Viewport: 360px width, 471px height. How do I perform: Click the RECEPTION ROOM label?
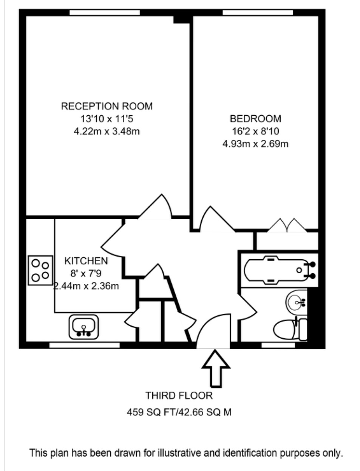tap(107, 106)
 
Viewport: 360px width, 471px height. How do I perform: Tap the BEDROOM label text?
tap(255, 119)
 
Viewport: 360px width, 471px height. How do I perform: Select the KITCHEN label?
tap(86, 261)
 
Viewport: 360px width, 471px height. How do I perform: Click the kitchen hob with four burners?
tap(40, 270)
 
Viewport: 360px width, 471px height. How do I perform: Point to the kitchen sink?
tap(83, 327)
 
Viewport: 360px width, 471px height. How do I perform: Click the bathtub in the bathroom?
tap(280, 270)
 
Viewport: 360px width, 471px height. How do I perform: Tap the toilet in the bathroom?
tap(290, 330)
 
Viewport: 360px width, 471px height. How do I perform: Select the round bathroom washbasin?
tap(297, 302)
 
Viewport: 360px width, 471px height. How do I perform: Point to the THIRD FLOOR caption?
tap(179, 395)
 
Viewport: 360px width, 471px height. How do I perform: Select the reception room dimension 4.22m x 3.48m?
tap(107, 131)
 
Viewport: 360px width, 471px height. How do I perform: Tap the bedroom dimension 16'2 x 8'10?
tap(255, 131)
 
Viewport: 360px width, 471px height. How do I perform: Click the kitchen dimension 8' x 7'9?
tap(86, 273)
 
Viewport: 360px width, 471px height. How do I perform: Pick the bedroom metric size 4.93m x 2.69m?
tap(255, 144)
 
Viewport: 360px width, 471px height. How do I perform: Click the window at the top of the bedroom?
tap(258, 12)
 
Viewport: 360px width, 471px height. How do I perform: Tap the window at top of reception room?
tap(105, 12)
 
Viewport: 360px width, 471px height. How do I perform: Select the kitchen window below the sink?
tap(85, 345)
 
